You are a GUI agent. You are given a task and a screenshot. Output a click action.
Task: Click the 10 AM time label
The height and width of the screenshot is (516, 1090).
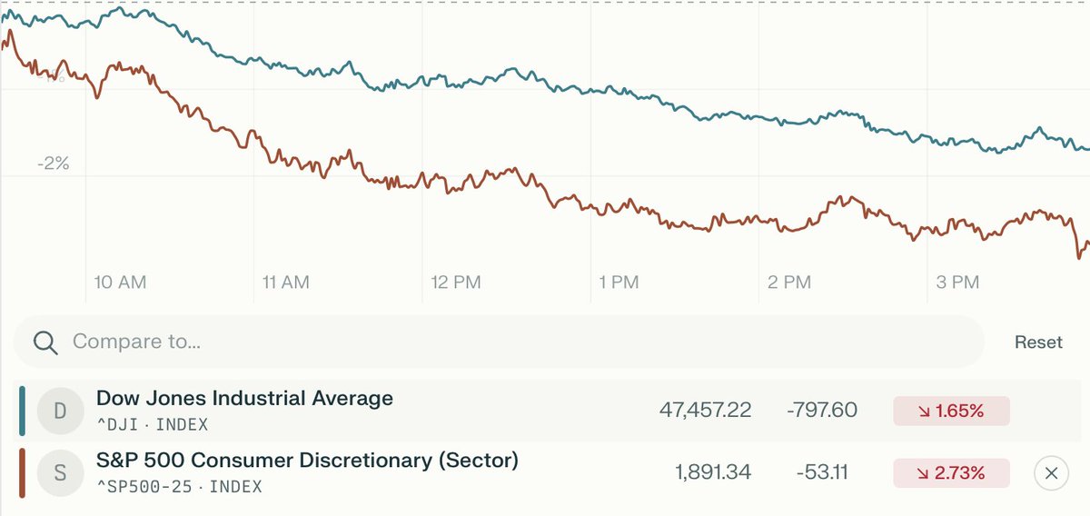(120, 283)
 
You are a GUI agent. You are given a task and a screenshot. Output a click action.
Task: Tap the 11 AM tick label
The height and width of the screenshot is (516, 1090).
(285, 283)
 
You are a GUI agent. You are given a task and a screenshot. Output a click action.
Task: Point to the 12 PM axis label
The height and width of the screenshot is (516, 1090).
(455, 283)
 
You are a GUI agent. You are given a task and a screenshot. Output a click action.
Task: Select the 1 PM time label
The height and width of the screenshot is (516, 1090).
(619, 283)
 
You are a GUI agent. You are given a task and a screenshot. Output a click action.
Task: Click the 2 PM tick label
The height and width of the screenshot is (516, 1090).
(788, 283)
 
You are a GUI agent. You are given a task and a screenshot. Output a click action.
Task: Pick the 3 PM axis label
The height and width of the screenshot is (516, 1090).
(956, 283)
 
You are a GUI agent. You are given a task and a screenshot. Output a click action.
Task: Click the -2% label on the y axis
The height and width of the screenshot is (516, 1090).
(54, 164)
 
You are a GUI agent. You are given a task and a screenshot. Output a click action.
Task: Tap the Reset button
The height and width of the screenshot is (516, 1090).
(1038, 342)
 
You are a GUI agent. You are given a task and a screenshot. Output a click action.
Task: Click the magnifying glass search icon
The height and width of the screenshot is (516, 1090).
(45, 342)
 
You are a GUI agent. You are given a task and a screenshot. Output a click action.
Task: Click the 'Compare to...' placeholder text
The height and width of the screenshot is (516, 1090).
(136, 342)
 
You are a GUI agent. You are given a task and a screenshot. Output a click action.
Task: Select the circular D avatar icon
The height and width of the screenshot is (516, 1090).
(60, 411)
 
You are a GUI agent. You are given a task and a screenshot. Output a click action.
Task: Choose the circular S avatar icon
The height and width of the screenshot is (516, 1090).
(60, 473)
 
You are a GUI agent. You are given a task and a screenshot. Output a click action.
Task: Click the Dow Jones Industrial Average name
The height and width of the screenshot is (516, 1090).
(244, 398)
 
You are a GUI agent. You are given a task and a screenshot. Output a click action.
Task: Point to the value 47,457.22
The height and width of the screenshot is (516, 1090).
(705, 411)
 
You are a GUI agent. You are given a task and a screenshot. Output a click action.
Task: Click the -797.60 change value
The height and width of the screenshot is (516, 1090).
(820, 411)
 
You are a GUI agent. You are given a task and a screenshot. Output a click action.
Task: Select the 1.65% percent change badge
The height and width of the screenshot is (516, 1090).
(951, 411)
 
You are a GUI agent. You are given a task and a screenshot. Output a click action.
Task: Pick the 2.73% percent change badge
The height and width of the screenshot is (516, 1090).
(951, 473)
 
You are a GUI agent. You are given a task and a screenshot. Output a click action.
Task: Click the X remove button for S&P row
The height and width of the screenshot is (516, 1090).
(1051, 473)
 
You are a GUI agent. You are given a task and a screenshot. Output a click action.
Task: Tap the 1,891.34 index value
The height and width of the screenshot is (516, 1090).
(713, 473)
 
